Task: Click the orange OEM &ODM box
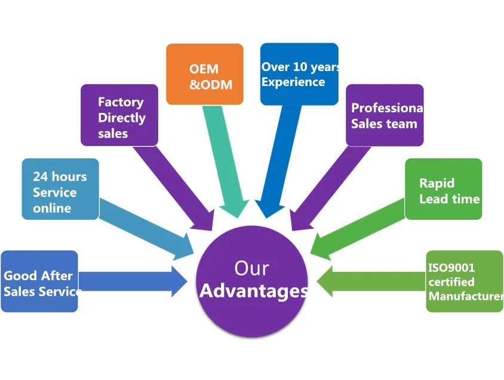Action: tap(204, 74)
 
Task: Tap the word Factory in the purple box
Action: tap(121, 102)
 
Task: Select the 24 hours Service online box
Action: tap(60, 189)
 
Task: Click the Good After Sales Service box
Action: tap(39, 281)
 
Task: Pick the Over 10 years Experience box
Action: tap(299, 74)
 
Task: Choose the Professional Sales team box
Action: tap(385, 115)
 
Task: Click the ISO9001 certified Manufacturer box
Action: tap(464, 281)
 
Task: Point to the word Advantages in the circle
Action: tap(253, 291)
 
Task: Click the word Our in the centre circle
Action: tap(251, 268)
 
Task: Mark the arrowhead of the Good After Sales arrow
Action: tap(179, 281)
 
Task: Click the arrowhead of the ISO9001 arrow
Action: tap(325, 281)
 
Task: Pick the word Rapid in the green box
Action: tap(437, 183)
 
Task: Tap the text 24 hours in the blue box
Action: tap(60, 177)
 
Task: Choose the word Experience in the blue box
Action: tap(293, 82)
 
